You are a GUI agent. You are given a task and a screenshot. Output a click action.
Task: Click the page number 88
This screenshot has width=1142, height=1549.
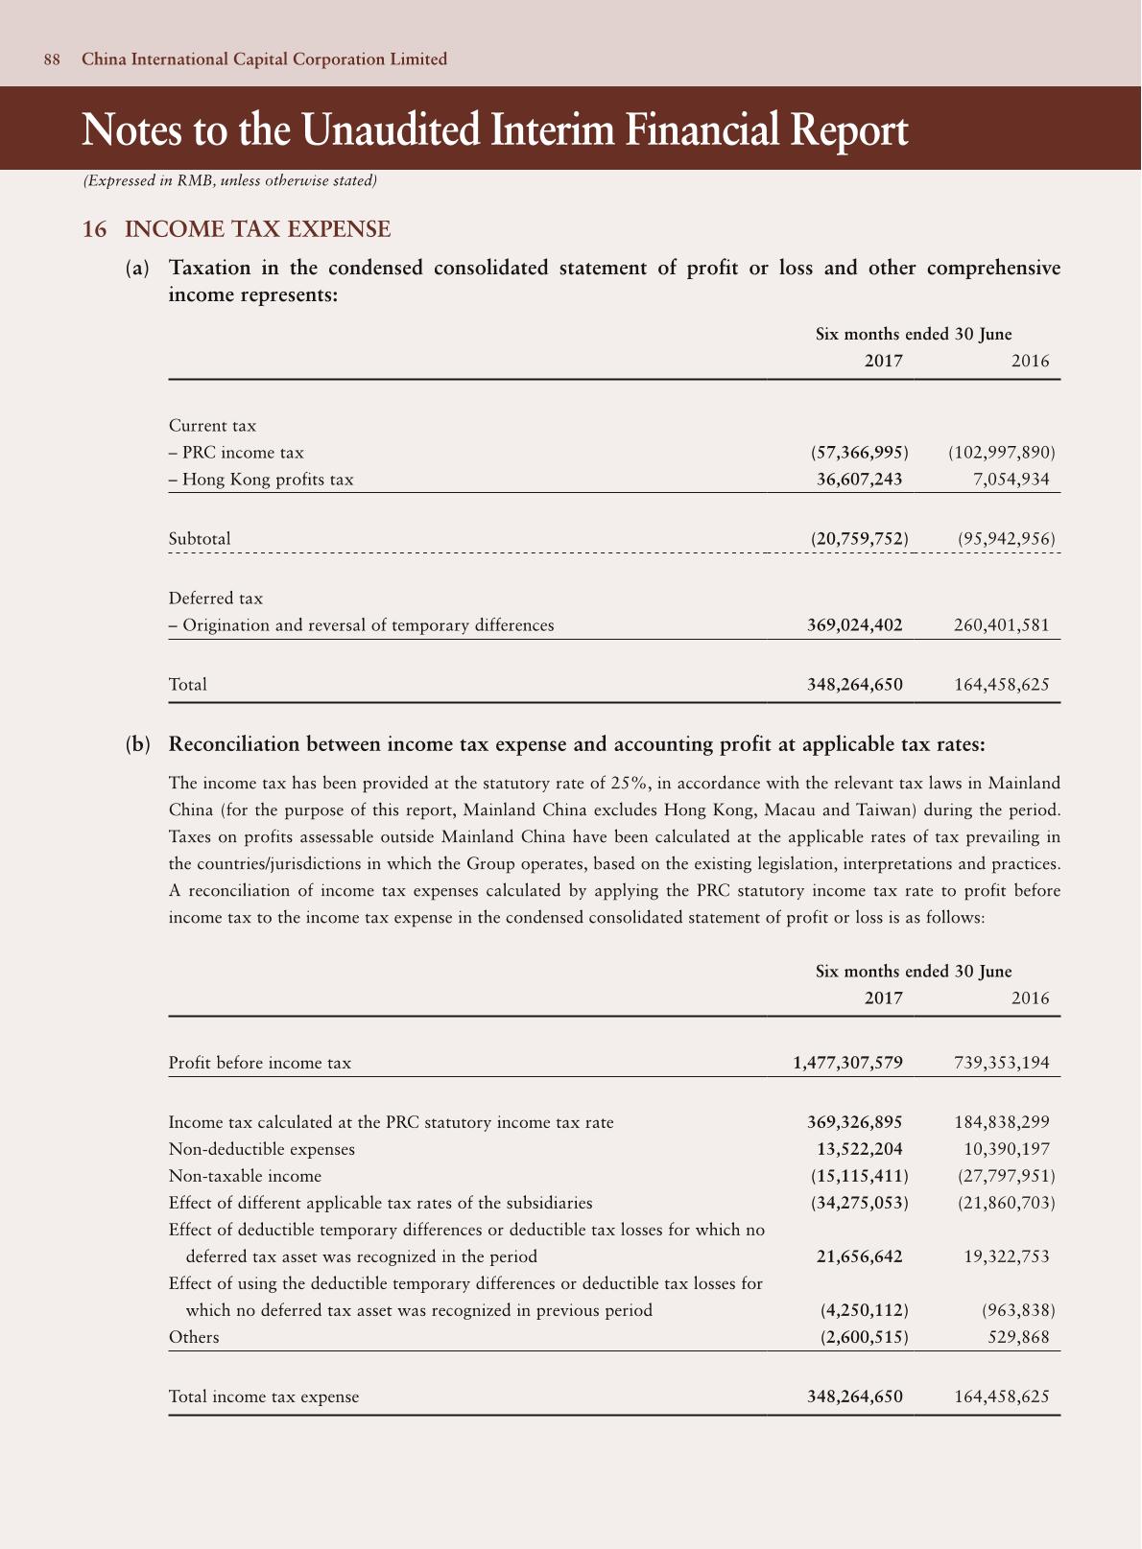point(52,59)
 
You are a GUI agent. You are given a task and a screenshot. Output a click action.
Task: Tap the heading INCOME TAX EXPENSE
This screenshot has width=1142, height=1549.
point(257,229)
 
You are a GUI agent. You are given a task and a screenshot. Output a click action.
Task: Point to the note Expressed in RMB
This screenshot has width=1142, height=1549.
point(229,180)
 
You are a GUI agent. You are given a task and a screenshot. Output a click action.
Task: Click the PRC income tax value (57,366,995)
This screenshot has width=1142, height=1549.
point(859,453)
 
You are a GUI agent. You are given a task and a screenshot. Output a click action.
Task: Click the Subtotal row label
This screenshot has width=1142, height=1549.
point(200,539)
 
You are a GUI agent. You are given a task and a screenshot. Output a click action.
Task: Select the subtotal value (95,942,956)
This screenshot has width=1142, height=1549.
point(1006,539)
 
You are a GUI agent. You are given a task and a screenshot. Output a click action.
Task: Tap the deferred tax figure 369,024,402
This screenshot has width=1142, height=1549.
point(855,625)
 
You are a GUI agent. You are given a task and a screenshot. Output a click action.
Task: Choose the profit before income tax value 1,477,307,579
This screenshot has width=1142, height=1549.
point(847,1063)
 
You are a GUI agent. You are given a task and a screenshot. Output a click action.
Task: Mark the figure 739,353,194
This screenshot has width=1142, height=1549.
point(1002,1063)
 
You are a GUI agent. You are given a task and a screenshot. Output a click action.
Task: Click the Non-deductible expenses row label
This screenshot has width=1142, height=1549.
point(261,1149)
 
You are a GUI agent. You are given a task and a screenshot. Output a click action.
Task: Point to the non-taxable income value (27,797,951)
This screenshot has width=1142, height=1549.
point(1006,1176)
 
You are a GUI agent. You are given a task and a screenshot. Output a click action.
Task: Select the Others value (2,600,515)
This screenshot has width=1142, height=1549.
point(865,1337)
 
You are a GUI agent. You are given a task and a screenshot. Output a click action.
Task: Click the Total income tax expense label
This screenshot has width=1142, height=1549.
point(264,1396)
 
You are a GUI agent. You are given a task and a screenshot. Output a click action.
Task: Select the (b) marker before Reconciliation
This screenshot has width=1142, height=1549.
point(138,744)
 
